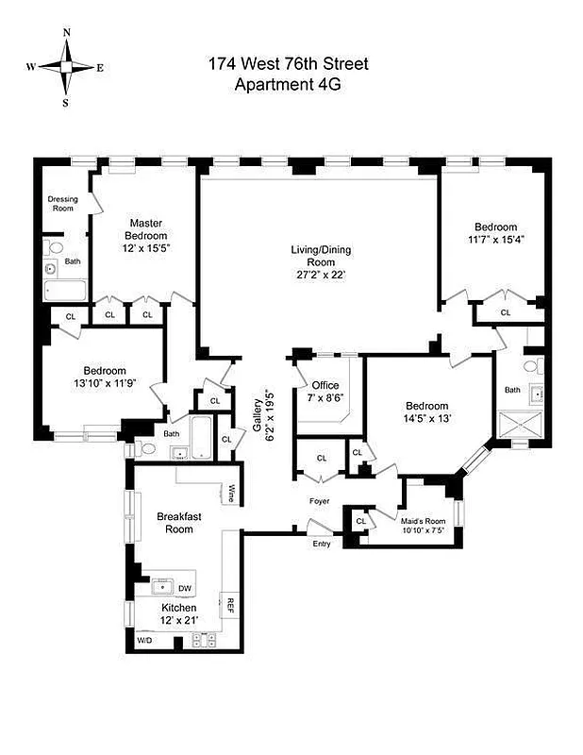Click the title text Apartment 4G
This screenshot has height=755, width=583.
click(x=288, y=84)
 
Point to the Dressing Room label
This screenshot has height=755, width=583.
click(x=61, y=203)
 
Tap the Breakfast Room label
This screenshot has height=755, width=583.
click(x=175, y=523)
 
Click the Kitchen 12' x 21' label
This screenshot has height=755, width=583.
click(x=178, y=614)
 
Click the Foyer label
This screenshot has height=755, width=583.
click(x=320, y=501)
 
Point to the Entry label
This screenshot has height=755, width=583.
click(x=322, y=544)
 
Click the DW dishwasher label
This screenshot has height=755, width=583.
click(x=185, y=589)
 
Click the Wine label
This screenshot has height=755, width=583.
click(x=231, y=492)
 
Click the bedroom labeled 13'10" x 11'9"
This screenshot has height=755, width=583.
click(x=104, y=377)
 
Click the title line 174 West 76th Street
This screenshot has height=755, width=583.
click(x=288, y=65)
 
